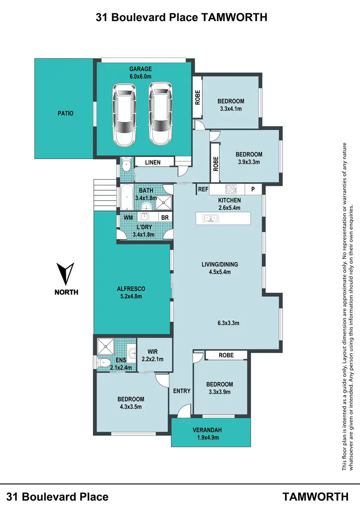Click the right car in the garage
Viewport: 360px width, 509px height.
(159, 114)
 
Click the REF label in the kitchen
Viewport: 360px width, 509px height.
(203, 190)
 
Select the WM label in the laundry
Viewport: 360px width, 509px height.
(128, 218)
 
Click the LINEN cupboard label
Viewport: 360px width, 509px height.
(153, 163)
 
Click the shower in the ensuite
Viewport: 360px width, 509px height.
(104, 346)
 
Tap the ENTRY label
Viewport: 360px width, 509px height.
(182, 391)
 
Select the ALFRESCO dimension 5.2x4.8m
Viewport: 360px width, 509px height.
(131, 296)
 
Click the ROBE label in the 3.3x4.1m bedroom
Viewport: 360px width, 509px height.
(197, 97)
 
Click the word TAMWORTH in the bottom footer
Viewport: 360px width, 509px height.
(315, 496)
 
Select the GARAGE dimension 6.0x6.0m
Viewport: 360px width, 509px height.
(141, 76)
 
